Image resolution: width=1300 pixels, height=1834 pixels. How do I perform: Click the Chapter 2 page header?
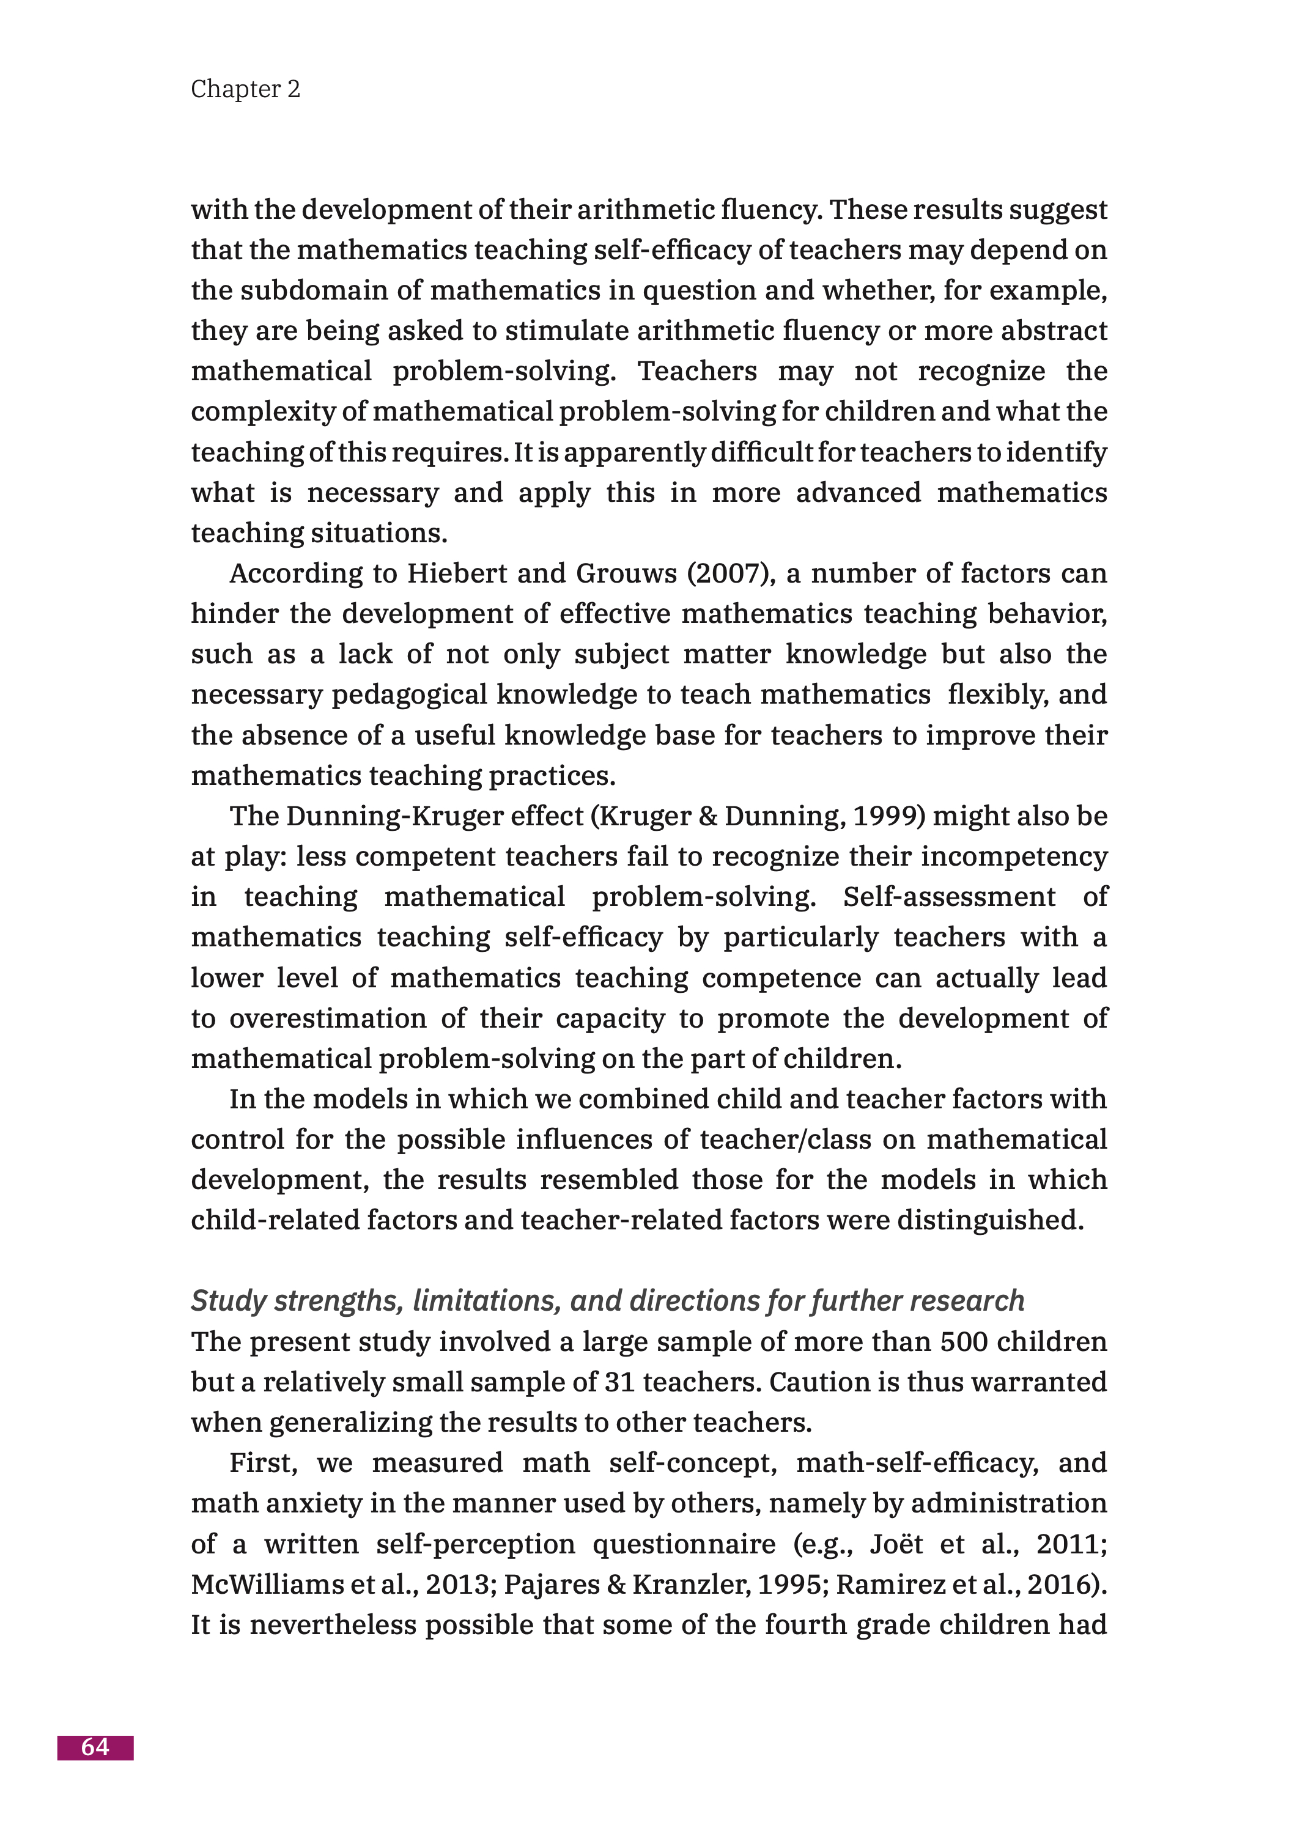245,89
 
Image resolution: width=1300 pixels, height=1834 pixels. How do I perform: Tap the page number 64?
95,1747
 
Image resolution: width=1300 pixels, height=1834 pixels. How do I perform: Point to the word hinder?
233,614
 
